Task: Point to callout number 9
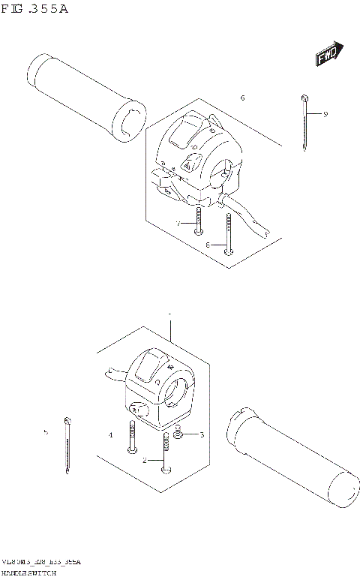pyautogui.click(x=325, y=114)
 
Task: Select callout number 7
pyautogui.click(x=178, y=224)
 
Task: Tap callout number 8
pyautogui.click(x=207, y=245)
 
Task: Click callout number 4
pyautogui.click(x=110, y=434)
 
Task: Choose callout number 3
pyautogui.click(x=200, y=434)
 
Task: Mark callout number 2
pyautogui.click(x=145, y=460)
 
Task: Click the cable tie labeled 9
pyautogui.click(x=304, y=123)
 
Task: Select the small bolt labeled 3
pyautogui.click(x=179, y=434)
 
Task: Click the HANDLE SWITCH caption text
pyautogui.click(x=29, y=572)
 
